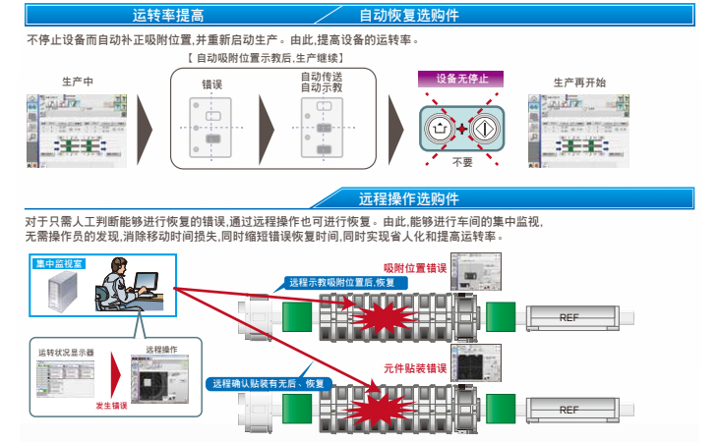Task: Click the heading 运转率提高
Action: coord(168,16)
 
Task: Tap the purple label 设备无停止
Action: coord(461,80)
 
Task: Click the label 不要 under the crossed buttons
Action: coord(461,162)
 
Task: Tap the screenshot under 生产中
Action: coord(77,128)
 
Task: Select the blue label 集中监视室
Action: coord(59,264)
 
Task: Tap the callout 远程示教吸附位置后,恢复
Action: coord(341,282)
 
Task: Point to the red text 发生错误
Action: coord(112,405)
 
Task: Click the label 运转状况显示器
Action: coord(66,352)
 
